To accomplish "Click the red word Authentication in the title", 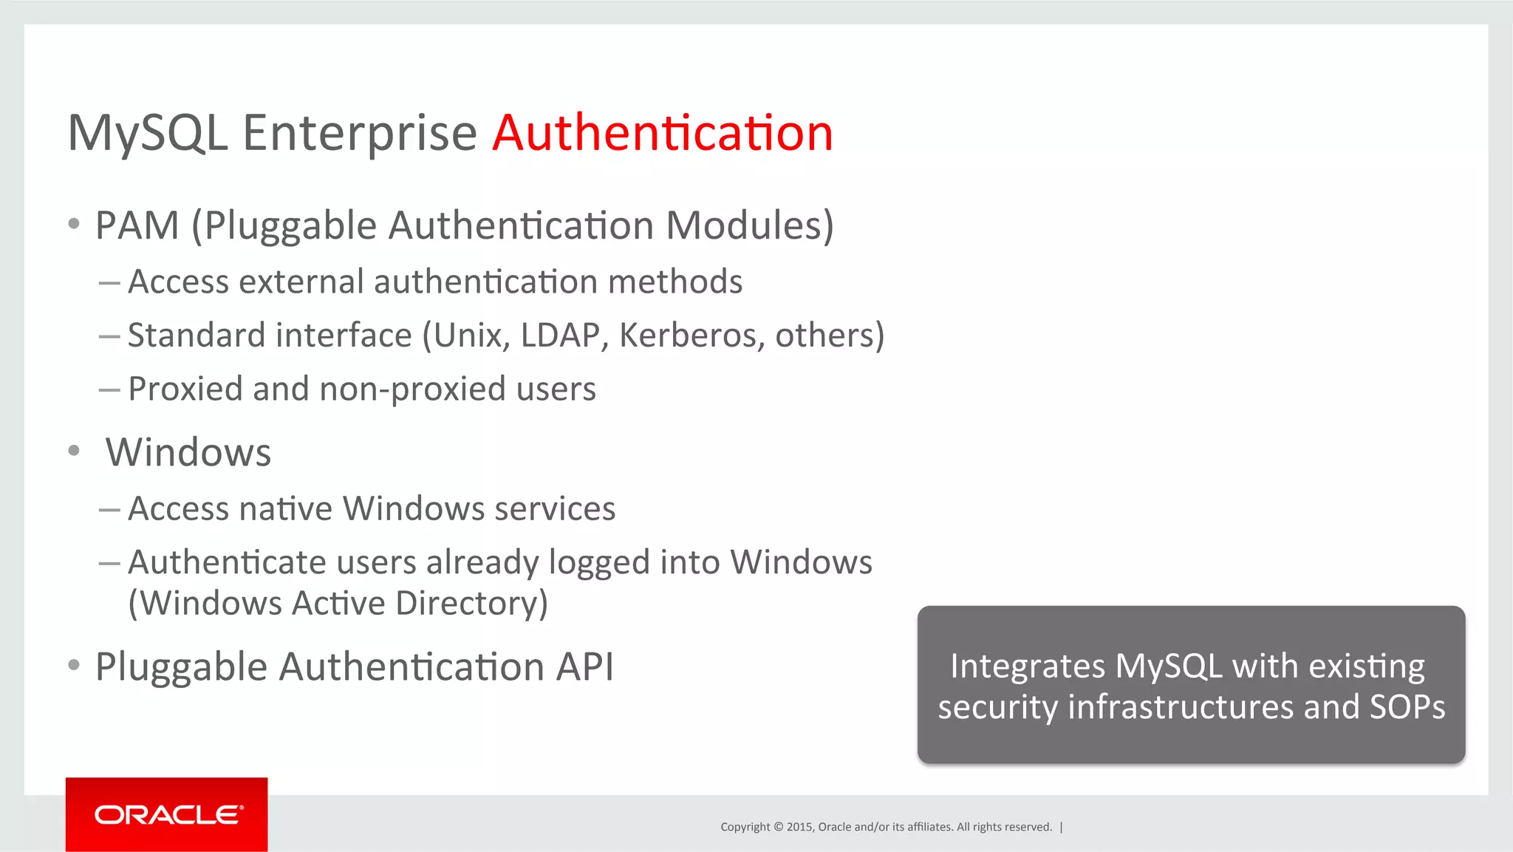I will coord(663,133).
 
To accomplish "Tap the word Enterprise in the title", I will coord(360,134).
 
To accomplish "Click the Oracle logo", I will coord(167,814).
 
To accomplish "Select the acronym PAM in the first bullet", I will coord(137,225).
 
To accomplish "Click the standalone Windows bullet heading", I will coord(188,452).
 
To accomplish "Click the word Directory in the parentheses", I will coord(471,604).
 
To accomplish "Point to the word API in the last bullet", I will coord(584,667).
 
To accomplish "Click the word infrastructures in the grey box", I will coord(1181,707).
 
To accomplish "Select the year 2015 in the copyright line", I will coord(799,827).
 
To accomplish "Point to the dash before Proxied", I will coord(109,389).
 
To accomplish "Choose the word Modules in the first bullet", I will coord(749,225).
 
